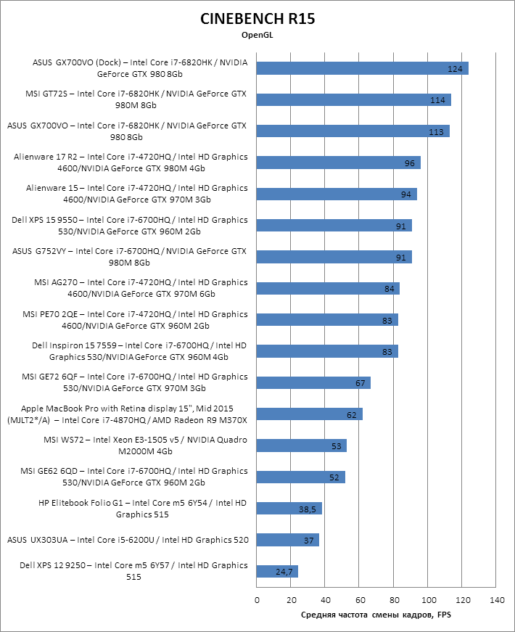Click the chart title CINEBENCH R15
coord(257,19)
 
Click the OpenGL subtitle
coord(257,34)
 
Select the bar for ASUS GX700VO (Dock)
coord(362,68)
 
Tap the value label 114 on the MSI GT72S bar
coord(437,100)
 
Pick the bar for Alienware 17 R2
coord(338,163)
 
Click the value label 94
coord(406,194)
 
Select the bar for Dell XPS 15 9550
coord(334,226)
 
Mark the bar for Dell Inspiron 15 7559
coord(327,351)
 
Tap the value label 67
coord(360,382)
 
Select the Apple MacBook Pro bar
coord(310,414)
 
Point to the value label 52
coord(334,477)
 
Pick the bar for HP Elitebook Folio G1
coord(289,509)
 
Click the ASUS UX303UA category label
coord(128,540)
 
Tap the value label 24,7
coord(284,572)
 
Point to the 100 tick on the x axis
coord(428,600)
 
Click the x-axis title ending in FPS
coord(376,615)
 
